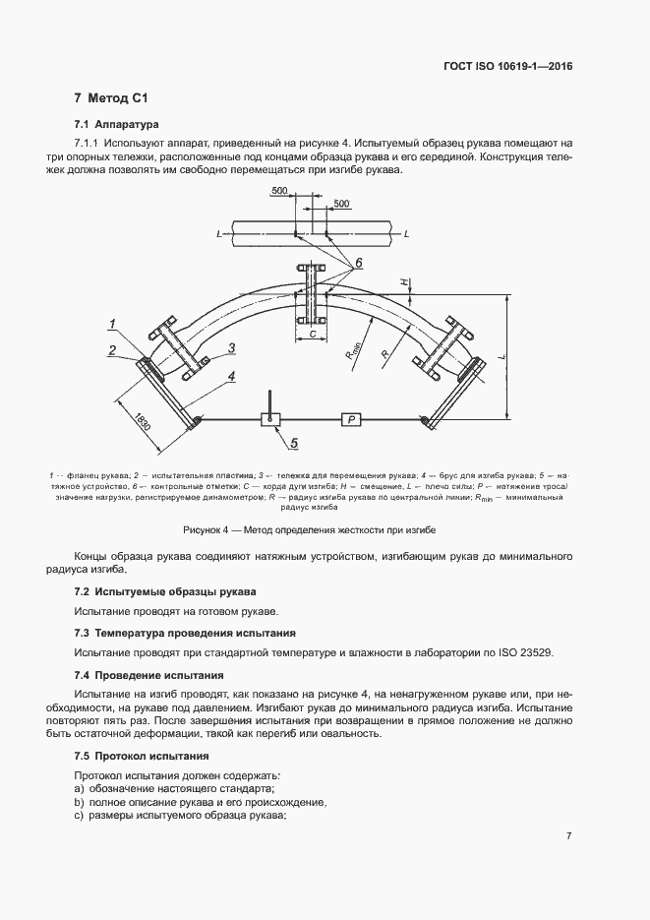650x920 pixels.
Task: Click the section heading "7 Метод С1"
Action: (110, 99)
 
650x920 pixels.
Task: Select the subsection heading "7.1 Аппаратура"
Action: (116, 125)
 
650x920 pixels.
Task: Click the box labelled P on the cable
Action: (351, 419)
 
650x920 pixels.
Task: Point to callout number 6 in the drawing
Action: (359, 263)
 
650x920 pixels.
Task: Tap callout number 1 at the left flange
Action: (114, 324)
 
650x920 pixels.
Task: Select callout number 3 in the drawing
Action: (231, 347)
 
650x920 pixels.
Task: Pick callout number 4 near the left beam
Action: (231, 375)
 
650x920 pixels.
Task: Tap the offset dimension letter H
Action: (402, 281)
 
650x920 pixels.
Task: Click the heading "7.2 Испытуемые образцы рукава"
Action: (164, 591)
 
